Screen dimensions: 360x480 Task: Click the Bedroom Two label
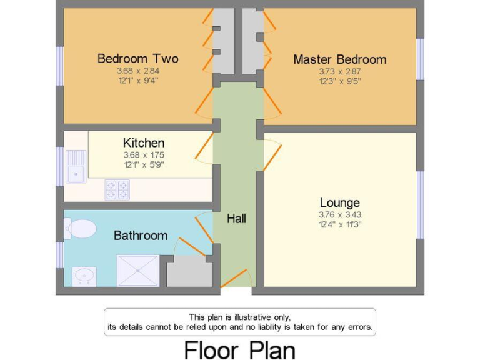coord(137,59)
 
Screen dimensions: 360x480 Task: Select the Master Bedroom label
coord(340,59)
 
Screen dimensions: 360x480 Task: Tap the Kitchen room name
coord(144,143)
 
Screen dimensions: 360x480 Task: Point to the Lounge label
coord(339,202)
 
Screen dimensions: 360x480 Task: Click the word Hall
coord(236,219)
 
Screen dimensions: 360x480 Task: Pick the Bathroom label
coord(141,236)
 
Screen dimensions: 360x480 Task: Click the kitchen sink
coord(76,166)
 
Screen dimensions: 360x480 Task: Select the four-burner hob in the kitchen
coord(117,189)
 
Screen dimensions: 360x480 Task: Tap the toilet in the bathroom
coord(79,229)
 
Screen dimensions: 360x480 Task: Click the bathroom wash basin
coord(84,276)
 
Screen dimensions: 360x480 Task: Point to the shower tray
coord(137,271)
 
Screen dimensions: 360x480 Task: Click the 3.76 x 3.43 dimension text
coord(339,215)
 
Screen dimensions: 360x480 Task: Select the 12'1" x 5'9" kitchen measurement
coord(144,165)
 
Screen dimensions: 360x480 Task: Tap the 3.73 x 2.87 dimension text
coord(340,71)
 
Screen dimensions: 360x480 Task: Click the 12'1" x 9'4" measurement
coord(137,80)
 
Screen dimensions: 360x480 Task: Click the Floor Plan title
coord(239,349)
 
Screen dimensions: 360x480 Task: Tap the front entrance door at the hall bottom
coord(237,279)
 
